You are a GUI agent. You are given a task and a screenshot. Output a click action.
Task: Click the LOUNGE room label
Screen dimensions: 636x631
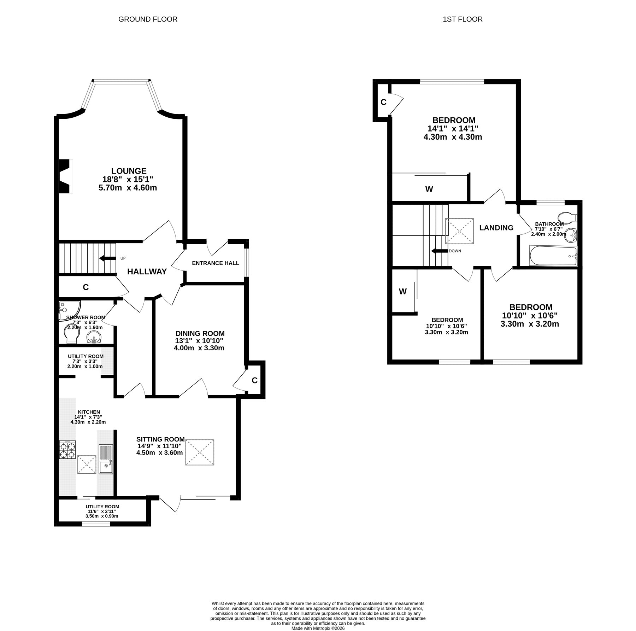coord(129,171)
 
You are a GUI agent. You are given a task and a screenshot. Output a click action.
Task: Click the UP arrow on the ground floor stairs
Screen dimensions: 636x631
coord(107,258)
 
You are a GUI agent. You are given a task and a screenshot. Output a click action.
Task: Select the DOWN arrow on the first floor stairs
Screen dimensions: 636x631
coord(439,251)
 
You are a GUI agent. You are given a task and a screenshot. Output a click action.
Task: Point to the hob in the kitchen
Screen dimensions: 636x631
coord(67,450)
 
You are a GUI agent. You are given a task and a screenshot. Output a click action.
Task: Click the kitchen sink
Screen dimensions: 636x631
coord(106,459)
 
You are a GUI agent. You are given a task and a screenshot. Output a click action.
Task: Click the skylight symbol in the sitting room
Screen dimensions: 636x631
coord(200,452)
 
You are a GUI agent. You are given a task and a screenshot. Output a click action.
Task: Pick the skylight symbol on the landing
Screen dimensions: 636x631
coord(459,231)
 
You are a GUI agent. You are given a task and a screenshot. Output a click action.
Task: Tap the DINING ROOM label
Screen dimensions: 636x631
coord(200,333)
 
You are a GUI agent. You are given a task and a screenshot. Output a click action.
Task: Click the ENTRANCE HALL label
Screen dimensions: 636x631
coord(216,263)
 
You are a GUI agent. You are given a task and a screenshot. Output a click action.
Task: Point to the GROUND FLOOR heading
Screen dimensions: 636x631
coord(148,19)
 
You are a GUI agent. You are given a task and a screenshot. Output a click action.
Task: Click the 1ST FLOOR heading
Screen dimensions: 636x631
coord(463,19)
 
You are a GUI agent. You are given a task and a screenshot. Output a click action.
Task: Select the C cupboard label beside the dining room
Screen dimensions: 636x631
coord(254,380)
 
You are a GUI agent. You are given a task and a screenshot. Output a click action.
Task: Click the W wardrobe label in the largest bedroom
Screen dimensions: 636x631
coord(429,189)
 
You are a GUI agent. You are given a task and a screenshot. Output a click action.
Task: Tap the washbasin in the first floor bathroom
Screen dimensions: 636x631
coord(570,235)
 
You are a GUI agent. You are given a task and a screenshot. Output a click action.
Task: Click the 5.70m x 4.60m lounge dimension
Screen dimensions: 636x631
coord(128,188)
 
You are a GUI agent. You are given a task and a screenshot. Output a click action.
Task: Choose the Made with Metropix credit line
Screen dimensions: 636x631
coord(318,628)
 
